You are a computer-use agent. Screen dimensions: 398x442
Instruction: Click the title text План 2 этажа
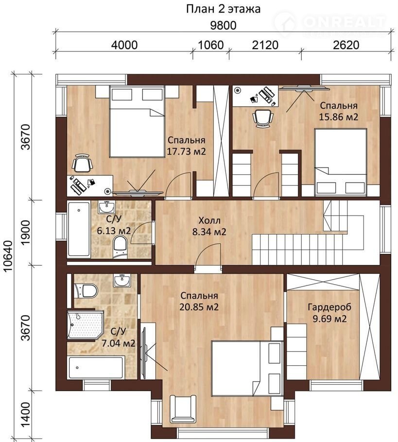click(223, 9)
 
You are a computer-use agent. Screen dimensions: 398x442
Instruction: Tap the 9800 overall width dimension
click(224, 26)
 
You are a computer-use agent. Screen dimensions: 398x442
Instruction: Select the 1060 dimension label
click(211, 45)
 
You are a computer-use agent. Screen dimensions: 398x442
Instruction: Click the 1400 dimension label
click(25, 415)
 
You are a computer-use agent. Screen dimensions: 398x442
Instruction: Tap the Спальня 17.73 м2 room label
click(186, 146)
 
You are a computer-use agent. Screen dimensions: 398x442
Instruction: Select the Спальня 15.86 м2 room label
click(339, 111)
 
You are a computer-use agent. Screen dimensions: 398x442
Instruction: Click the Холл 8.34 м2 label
click(209, 226)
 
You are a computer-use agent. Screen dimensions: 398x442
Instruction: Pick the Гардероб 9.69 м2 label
click(329, 313)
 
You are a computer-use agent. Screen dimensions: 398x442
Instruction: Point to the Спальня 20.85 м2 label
click(199, 301)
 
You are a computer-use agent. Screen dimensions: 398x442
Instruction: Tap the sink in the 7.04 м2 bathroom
click(122, 281)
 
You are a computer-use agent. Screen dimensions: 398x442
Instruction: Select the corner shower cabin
click(85, 325)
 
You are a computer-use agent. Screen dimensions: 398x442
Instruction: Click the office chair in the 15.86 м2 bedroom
click(263, 119)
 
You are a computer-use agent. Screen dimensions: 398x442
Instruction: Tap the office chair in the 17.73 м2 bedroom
click(82, 163)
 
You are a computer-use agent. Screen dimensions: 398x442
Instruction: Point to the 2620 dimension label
click(346, 45)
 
